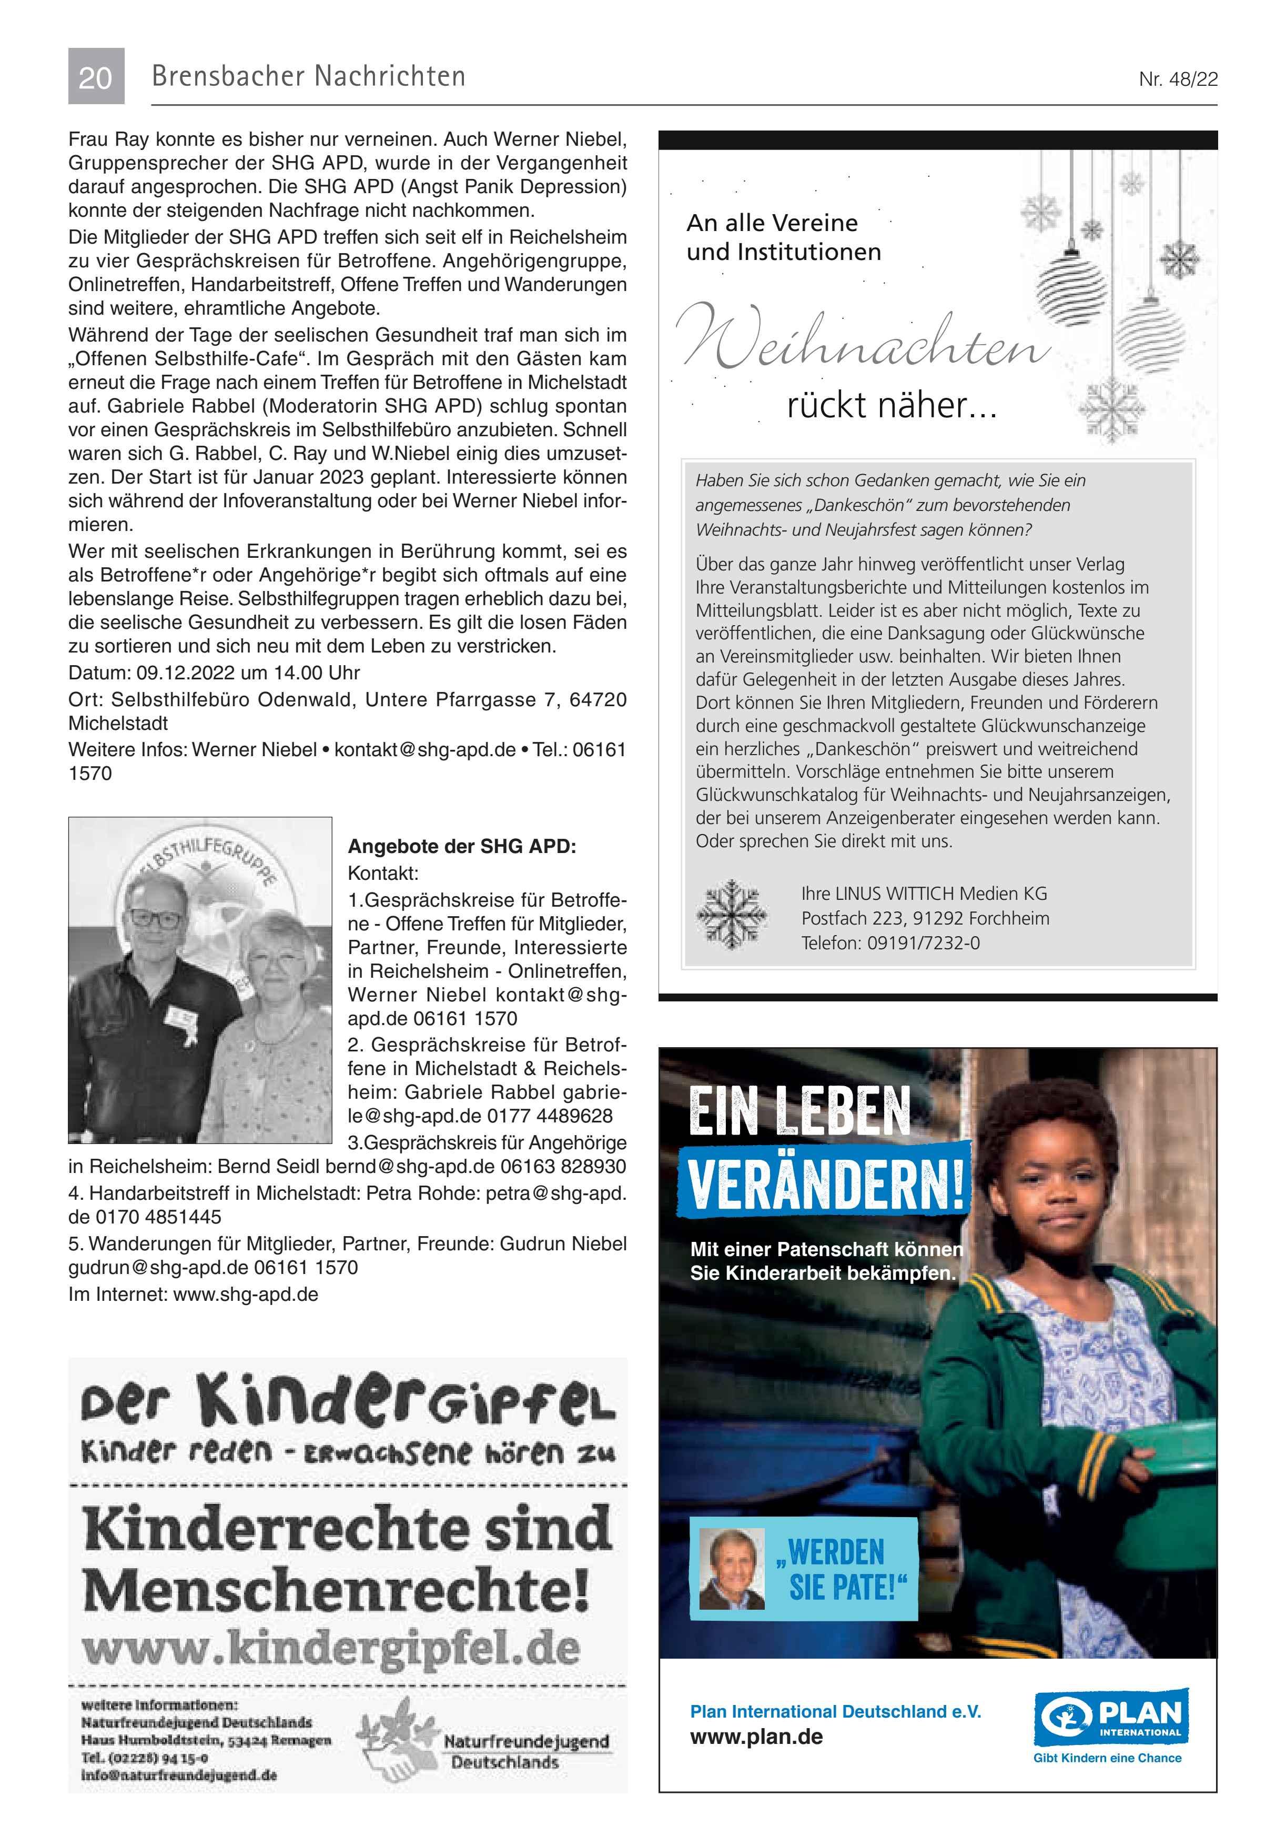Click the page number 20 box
coord(96,76)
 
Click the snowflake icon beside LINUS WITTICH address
coord(731,915)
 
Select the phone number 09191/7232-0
coord(923,942)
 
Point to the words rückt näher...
coord(890,405)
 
